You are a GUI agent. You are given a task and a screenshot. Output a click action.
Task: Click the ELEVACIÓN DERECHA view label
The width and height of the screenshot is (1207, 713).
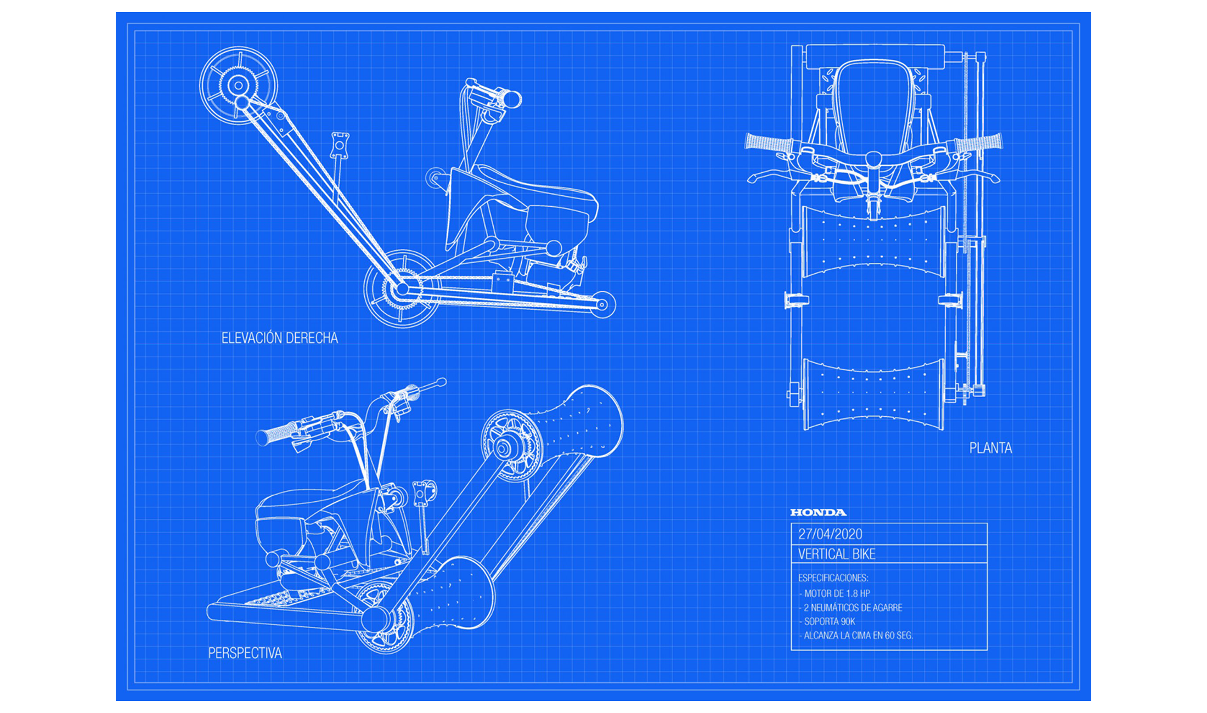(279, 338)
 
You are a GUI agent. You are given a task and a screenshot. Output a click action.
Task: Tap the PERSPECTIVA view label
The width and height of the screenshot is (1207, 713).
(245, 653)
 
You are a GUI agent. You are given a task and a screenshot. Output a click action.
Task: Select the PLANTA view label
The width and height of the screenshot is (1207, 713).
(990, 448)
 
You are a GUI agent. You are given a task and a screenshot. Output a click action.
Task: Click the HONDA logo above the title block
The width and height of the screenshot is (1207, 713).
(818, 512)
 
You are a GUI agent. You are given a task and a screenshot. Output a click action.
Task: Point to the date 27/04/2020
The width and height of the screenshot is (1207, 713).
(830, 534)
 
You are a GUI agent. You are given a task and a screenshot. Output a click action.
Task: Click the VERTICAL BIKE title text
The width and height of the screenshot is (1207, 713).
(837, 554)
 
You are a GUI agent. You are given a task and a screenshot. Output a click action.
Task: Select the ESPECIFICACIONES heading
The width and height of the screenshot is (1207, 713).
(833, 578)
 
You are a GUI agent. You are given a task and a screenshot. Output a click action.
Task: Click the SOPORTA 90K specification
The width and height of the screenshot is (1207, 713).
(829, 621)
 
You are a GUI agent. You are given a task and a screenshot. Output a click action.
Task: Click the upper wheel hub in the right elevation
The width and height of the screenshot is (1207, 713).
(238, 85)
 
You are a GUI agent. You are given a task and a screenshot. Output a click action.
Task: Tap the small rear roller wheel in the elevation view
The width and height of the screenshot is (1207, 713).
(602, 304)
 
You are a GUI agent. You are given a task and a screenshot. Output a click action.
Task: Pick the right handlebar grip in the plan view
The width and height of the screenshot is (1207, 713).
(979, 143)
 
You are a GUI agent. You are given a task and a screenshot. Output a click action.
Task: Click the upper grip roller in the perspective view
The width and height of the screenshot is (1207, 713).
(582, 422)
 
